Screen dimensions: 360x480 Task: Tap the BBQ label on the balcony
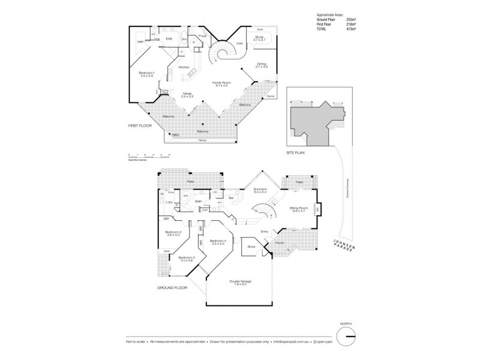[176, 135]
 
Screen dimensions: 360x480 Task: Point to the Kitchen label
[184, 67]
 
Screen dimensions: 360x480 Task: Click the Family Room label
[221, 83]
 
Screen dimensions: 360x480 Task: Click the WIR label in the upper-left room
[140, 41]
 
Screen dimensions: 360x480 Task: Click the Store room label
[248, 246]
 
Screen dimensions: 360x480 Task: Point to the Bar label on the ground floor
[230, 197]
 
